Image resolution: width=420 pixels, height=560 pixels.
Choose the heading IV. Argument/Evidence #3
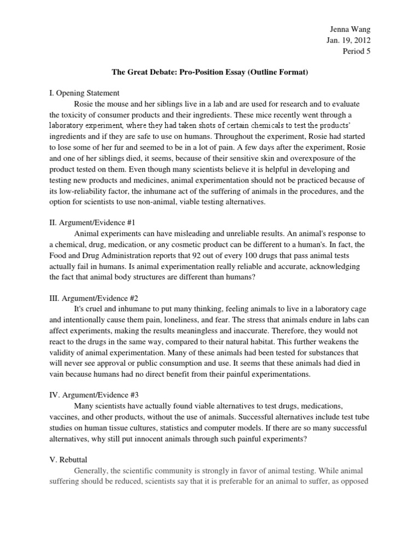(94, 394)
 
